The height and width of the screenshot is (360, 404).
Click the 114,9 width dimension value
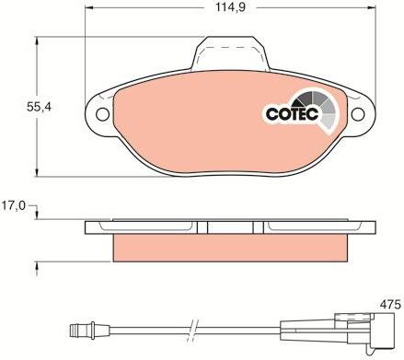230,6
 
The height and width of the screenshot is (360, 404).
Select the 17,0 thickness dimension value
14,205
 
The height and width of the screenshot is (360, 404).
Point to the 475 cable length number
390,305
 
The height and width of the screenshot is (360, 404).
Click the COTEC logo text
292,114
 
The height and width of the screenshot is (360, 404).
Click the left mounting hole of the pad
102,114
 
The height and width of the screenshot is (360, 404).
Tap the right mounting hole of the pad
358,114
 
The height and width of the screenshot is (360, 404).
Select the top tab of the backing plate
230,52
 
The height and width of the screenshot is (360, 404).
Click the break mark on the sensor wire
192,331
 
